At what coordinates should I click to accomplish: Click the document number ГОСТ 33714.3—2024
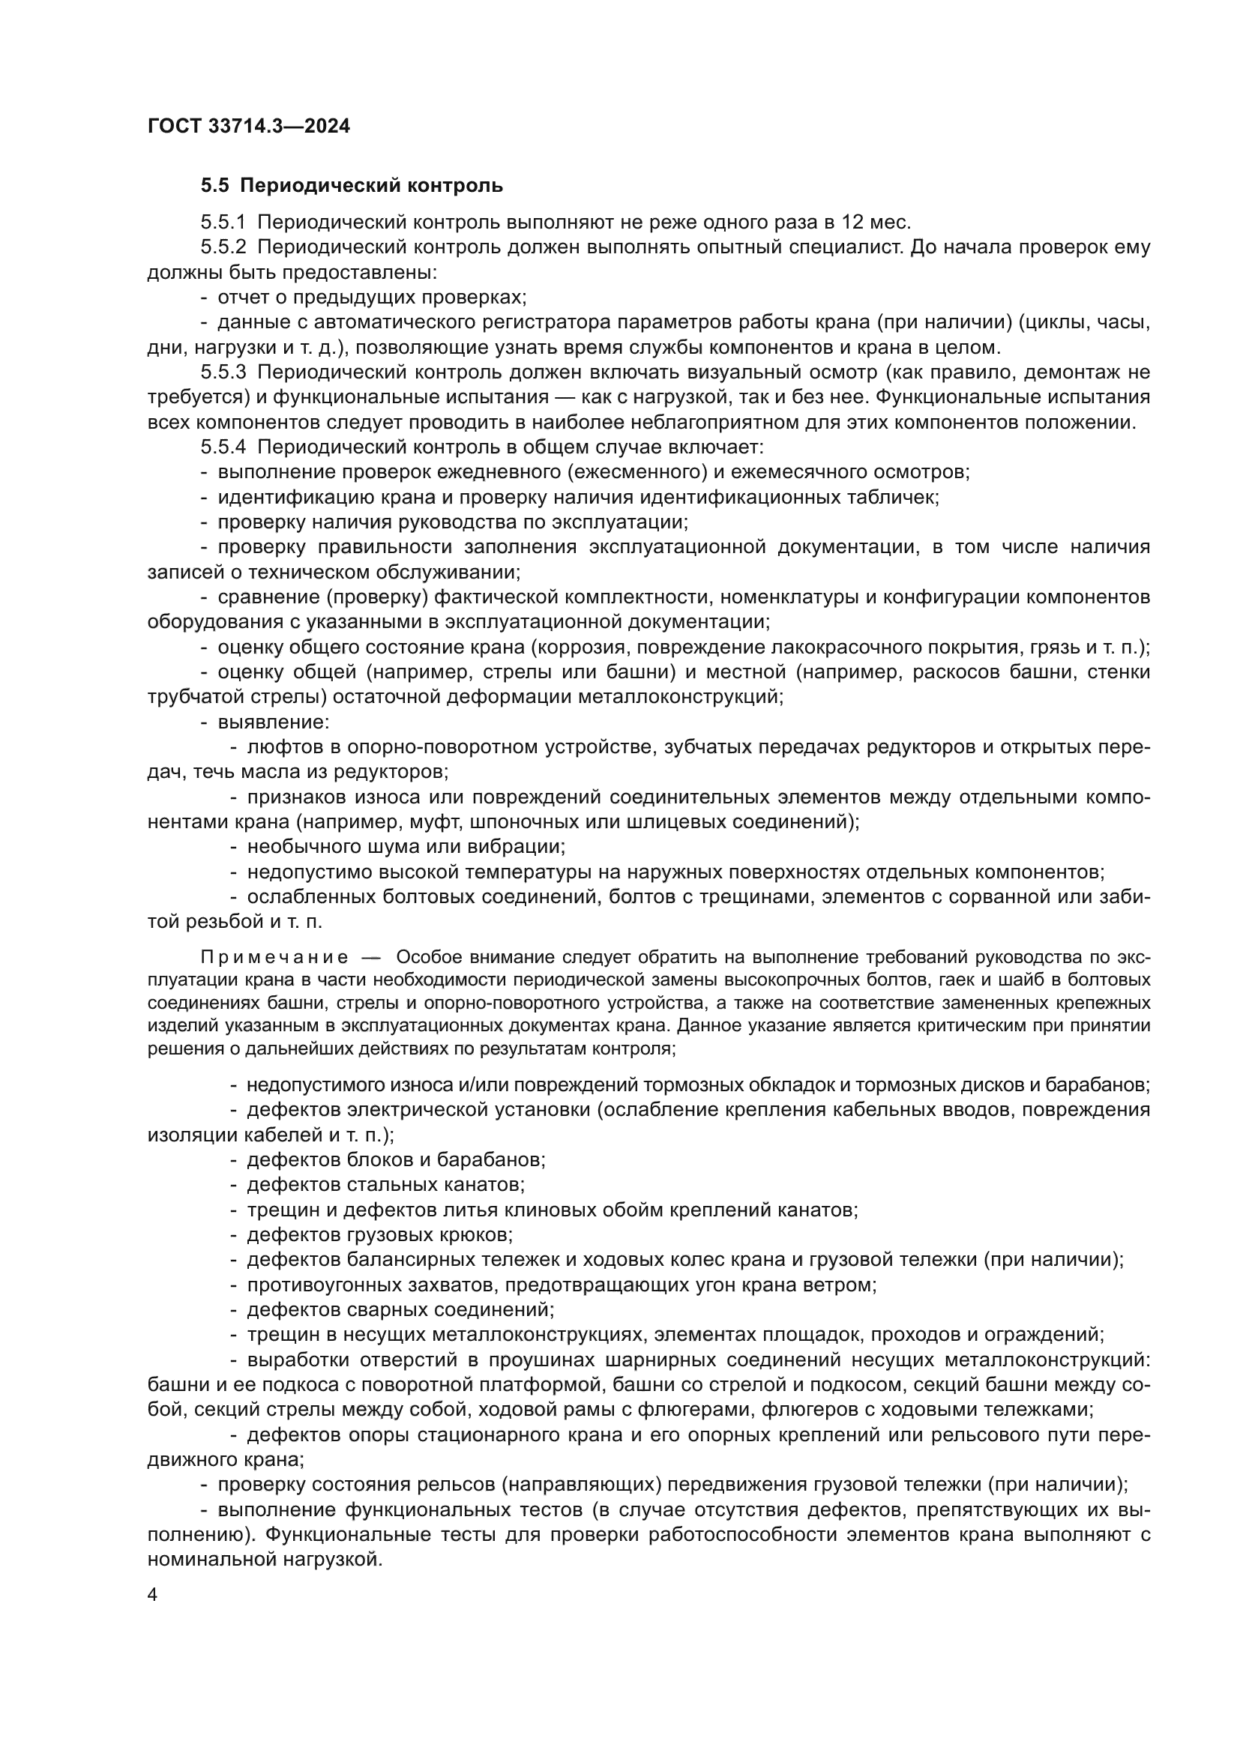click(248, 126)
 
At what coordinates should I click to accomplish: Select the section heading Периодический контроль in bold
click(372, 186)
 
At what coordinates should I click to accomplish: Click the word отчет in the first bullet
click(242, 297)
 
